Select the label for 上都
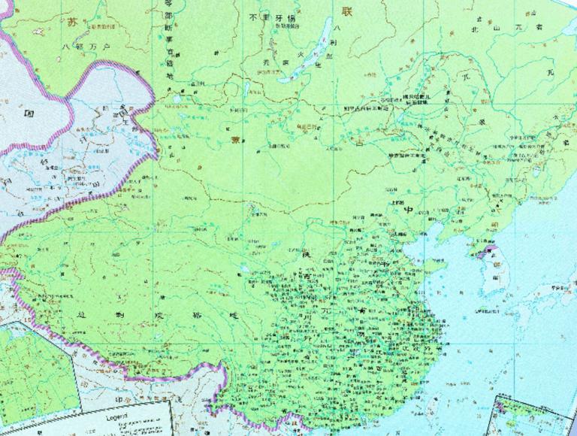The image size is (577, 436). point(391,201)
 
